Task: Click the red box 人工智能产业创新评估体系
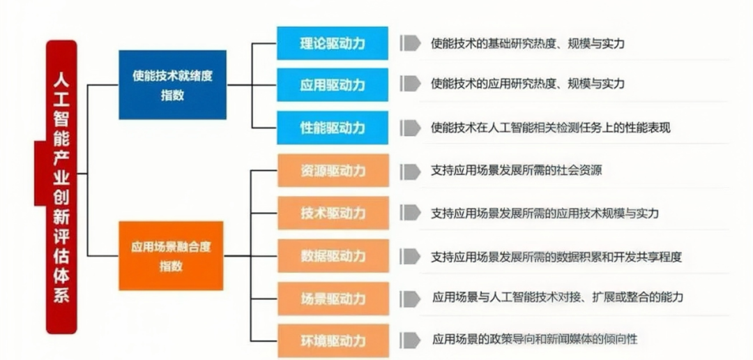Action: coord(61,186)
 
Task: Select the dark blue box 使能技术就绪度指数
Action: coord(172,85)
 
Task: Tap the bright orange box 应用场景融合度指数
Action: coord(171,255)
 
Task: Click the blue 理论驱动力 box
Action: coord(333,44)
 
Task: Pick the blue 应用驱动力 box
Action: coord(333,84)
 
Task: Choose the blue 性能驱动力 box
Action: coord(333,128)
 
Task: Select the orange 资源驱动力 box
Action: coord(333,170)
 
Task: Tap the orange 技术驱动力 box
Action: coord(333,213)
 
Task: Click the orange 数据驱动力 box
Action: coord(333,255)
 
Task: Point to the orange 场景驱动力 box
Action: coord(333,299)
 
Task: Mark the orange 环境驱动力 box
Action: coord(333,341)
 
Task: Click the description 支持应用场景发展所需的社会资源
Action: coord(517,170)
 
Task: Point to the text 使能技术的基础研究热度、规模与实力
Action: coord(527,43)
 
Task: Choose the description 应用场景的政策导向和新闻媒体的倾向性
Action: coord(534,340)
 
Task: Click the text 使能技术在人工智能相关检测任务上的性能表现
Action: coord(551,128)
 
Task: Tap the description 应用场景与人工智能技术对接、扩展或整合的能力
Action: coord(557,297)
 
